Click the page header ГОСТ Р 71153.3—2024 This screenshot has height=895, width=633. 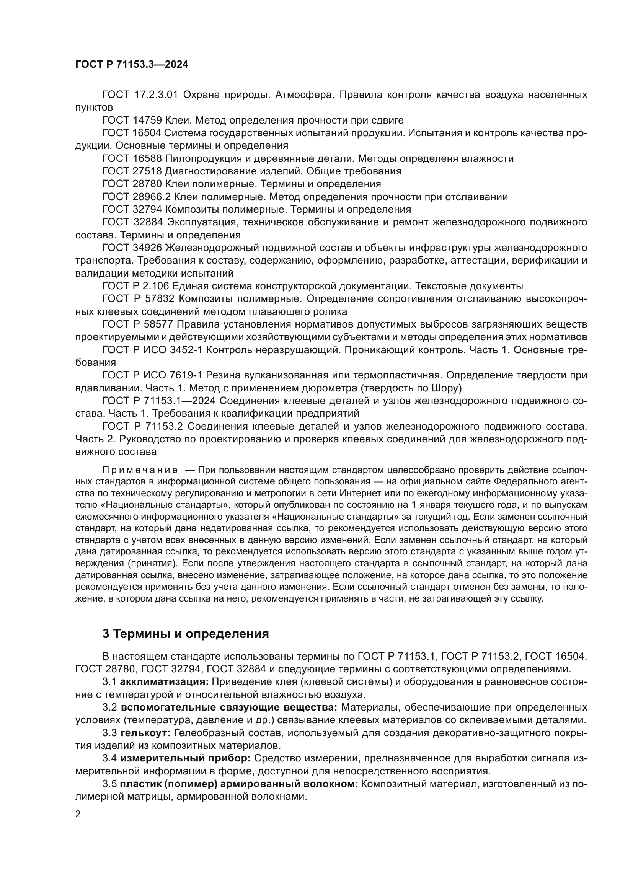point(131,65)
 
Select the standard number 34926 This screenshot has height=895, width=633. point(147,248)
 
